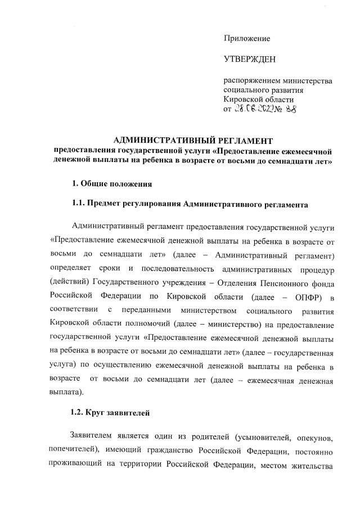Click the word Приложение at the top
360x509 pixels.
click(x=246, y=38)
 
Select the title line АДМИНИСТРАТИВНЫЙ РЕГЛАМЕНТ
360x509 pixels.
click(x=192, y=141)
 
